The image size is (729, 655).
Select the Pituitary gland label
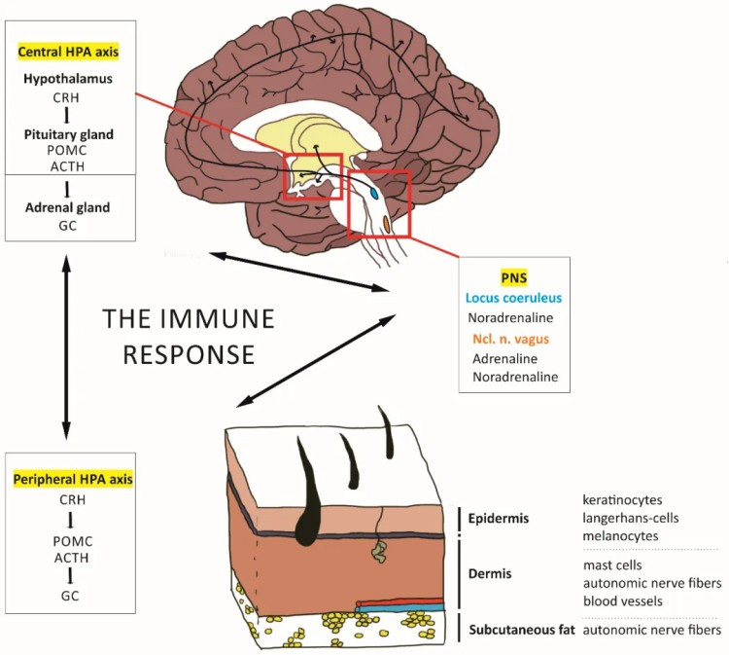(x=68, y=134)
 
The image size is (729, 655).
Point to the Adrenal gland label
(x=68, y=207)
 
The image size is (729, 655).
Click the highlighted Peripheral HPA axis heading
(x=73, y=480)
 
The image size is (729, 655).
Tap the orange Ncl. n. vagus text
(x=513, y=338)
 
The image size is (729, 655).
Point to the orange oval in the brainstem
(x=387, y=225)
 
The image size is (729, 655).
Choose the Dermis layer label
(x=496, y=574)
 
